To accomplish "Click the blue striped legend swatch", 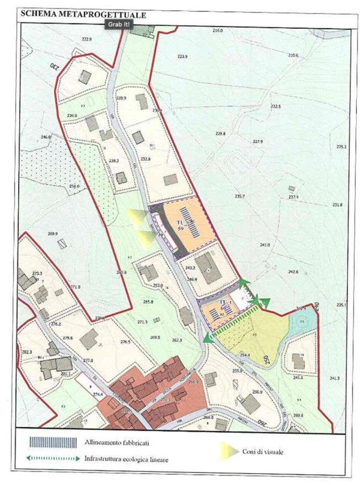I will pos(53,442).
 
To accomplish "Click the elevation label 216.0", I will pos(217,30).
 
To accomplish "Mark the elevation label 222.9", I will pos(86,39).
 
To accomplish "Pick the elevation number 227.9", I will pos(258,142).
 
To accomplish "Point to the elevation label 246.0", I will pos(46,137).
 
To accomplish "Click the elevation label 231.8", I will pos(337,205).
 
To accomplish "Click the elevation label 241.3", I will pos(334,378).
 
